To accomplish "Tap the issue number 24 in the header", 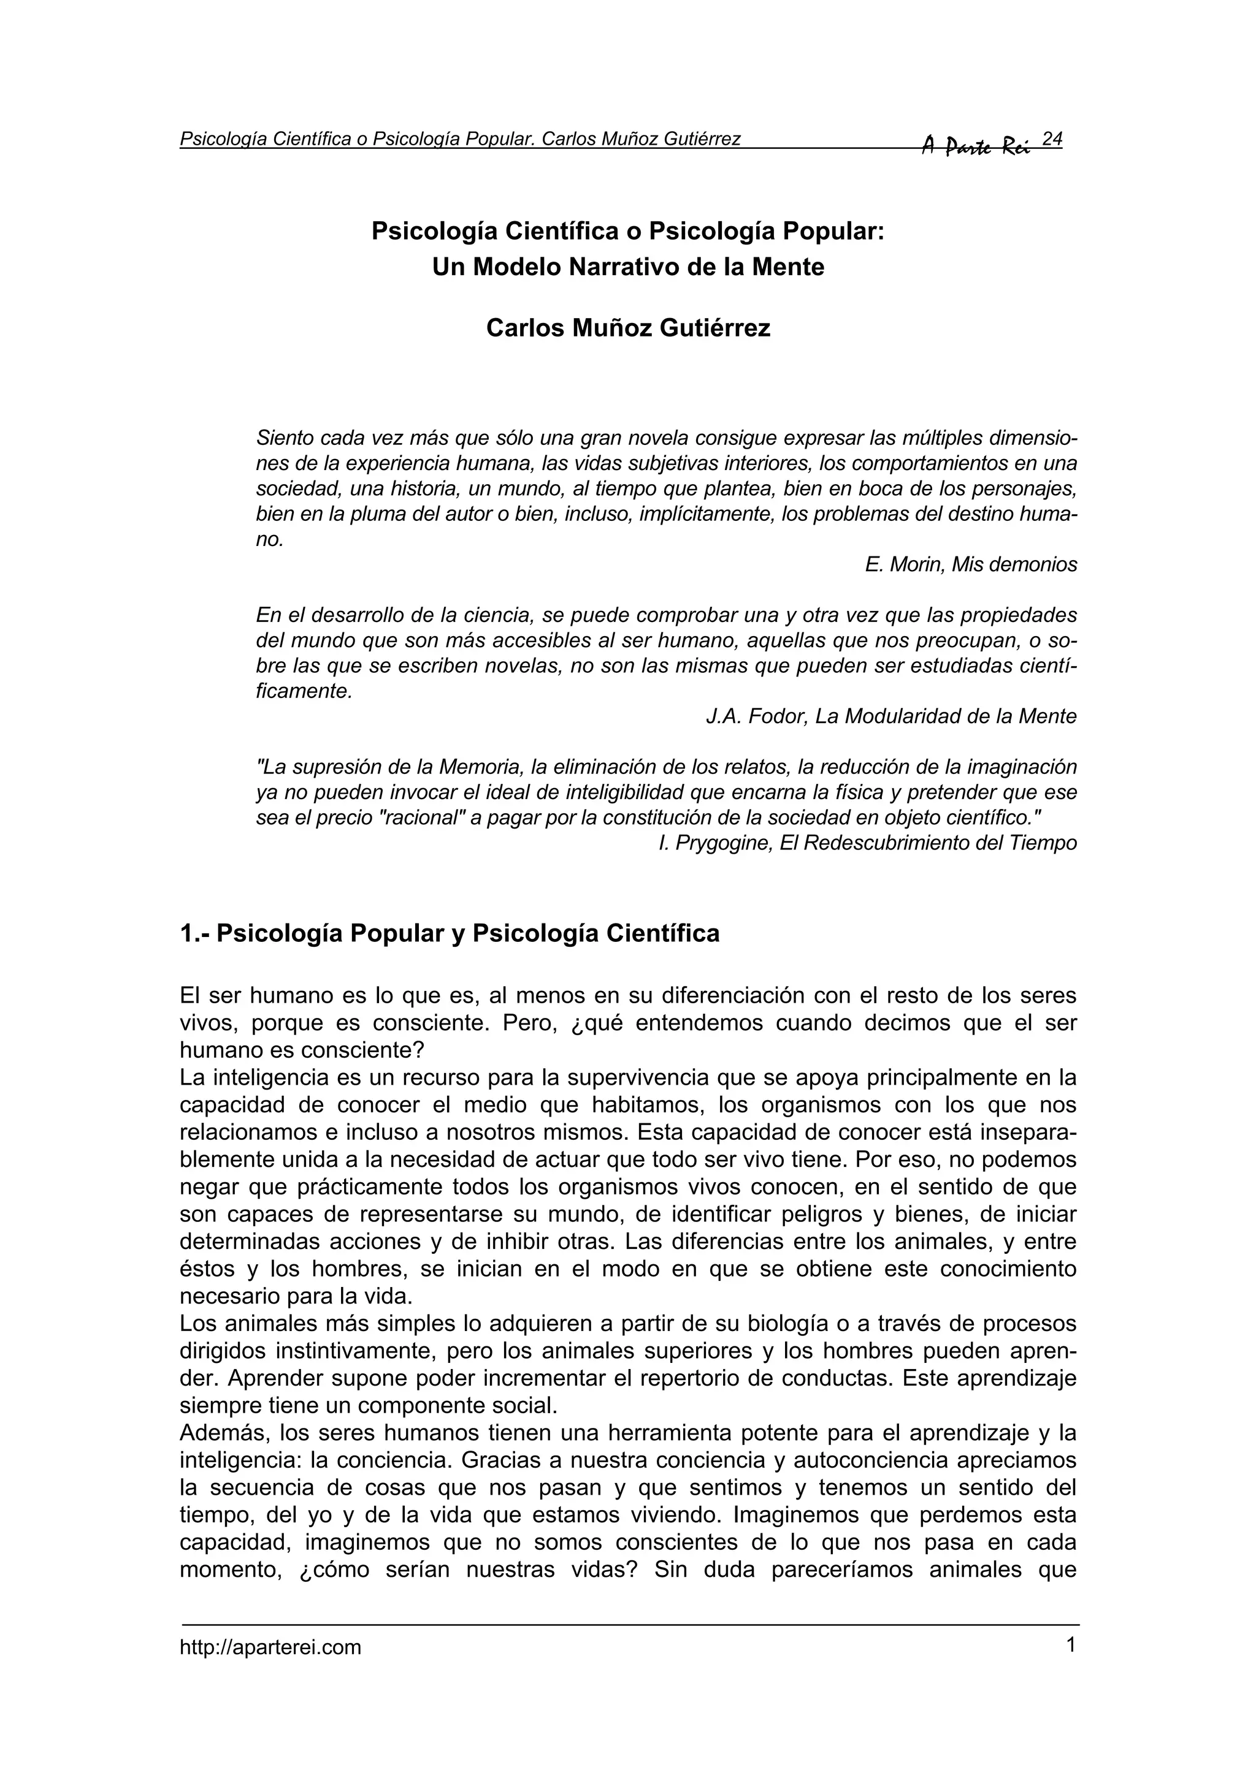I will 1052,139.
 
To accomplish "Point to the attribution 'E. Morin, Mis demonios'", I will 970,564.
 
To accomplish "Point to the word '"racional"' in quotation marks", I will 426,818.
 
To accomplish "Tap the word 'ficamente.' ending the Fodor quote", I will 304,691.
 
